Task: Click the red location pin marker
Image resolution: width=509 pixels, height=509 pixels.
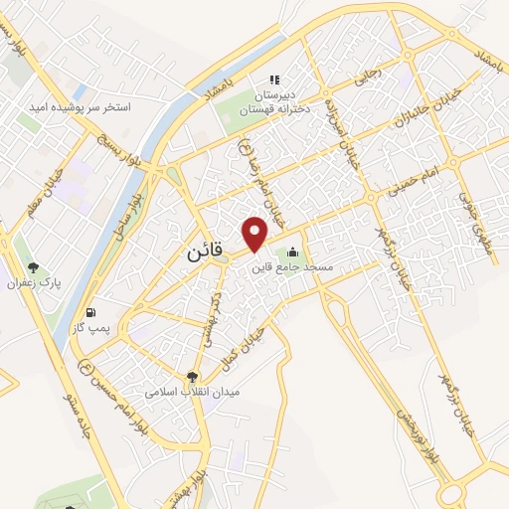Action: tap(255, 232)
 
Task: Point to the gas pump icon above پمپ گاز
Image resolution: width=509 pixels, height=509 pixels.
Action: tap(92, 310)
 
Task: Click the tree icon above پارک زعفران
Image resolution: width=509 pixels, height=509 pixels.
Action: tap(34, 267)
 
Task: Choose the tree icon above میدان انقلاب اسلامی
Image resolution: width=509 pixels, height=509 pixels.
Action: tap(193, 376)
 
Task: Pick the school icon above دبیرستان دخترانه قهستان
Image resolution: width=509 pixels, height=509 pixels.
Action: tap(275, 79)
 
